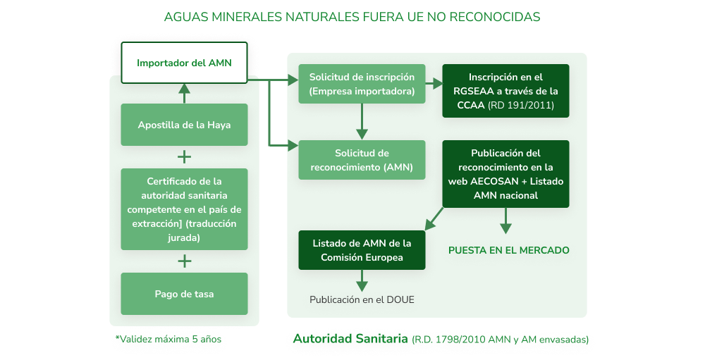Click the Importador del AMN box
[x=184, y=63]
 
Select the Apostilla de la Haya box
[x=184, y=125]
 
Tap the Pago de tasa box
[x=184, y=294]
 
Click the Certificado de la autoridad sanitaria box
[x=184, y=209]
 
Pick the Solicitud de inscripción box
[x=362, y=84]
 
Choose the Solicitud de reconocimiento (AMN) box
[x=362, y=160]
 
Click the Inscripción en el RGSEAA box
[x=505, y=91]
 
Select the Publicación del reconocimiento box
[x=505, y=174]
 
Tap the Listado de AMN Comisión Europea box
[x=362, y=250]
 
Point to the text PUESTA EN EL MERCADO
[x=509, y=250]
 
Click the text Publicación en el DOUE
[x=362, y=300]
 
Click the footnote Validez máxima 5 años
[x=168, y=340]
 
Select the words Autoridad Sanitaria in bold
[x=350, y=338]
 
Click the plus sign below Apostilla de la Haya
[x=184, y=157]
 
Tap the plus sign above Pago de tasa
[x=184, y=261]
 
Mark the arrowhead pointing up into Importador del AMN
[x=184, y=88]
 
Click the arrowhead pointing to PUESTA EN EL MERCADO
[x=505, y=229]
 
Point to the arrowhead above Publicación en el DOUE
[x=362, y=286]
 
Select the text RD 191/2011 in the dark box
[x=521, y=105]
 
